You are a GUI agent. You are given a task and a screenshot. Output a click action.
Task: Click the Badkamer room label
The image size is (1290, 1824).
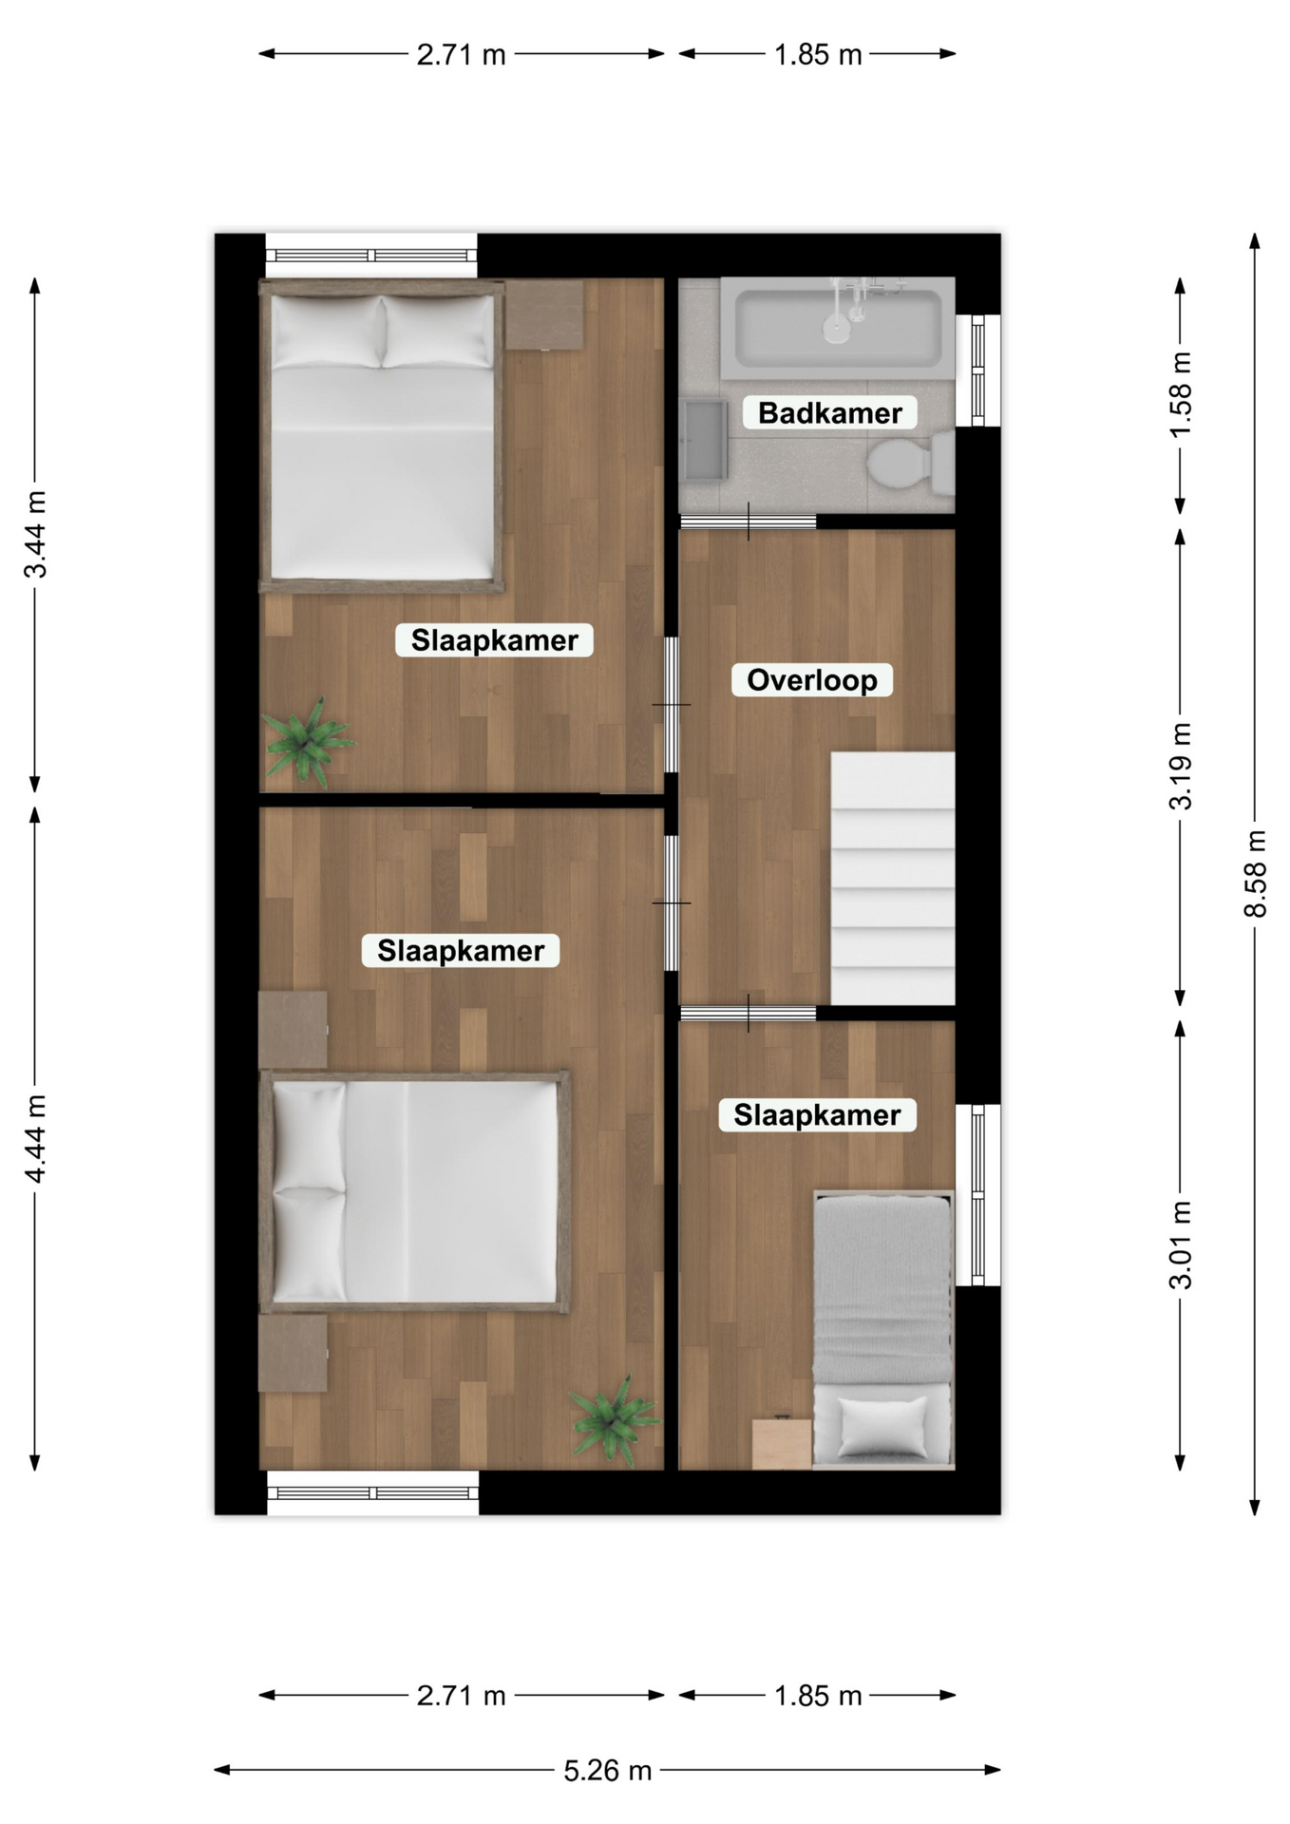coord(829,413)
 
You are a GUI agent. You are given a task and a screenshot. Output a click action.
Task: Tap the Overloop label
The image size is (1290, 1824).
coord(812,680)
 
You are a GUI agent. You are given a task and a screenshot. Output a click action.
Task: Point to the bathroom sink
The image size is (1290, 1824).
coord(704,439)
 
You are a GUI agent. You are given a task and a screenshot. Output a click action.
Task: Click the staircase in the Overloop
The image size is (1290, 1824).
coord(893,878)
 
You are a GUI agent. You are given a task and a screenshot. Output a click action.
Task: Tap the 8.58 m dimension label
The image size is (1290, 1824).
coord(1255,874)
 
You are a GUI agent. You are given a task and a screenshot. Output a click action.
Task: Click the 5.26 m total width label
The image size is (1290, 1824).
coord(608,1771)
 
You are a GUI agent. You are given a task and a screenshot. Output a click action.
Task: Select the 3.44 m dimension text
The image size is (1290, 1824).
coord(35,534)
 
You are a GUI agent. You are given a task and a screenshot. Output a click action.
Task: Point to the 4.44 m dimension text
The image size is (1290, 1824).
coord(35,1138)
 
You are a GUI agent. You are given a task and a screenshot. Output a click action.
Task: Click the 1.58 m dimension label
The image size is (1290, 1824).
coord(1180,395)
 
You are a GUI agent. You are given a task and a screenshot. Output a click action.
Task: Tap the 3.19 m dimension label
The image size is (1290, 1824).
coord(1180,766)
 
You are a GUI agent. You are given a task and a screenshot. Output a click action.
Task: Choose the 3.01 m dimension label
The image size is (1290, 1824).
coord(1180,1244)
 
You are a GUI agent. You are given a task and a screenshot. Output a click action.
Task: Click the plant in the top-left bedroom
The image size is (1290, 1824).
coord(307,742)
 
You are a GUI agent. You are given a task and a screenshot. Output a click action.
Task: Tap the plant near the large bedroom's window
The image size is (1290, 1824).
coord(616,1420)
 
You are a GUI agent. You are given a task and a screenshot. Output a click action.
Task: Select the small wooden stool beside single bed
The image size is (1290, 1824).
coord(782,1443)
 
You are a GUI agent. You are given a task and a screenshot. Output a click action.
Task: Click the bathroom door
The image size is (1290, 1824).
coord(749,522)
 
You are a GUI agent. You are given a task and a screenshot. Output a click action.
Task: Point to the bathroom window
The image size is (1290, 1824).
coord(978,370)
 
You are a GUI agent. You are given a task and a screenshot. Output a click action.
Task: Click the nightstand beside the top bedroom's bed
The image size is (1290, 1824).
coord(544,314)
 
